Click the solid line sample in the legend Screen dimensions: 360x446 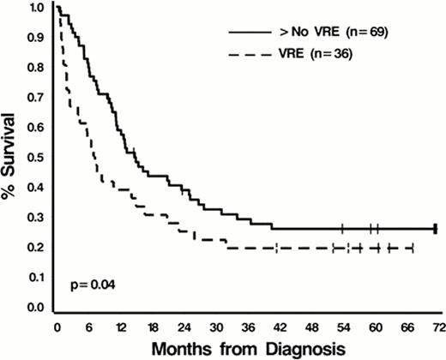[x=247, y=32]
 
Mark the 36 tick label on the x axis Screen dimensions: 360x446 [x=247, y=327]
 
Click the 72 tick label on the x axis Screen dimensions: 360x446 [x=437, y=327]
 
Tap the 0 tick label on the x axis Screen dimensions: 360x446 [x=57, y=327]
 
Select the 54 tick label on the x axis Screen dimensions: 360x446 [x=342, y=327]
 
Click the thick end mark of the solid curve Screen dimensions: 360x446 [x=437, y=228]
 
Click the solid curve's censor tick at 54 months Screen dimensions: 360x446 [x=342, y=228]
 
